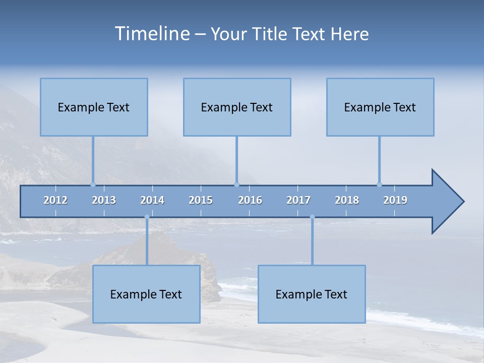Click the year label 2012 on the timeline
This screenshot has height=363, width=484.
55,200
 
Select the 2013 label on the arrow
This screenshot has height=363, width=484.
104,200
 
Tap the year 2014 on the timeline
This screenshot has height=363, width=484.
152,200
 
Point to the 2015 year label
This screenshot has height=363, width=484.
201,200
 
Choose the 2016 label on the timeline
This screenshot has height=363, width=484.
250,200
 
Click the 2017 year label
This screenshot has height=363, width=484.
298,200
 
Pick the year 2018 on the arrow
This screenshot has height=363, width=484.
347,200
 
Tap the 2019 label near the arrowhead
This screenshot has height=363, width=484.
395,200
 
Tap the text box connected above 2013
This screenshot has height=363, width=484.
94,107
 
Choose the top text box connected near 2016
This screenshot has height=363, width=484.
237,107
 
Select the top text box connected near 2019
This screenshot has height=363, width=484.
380,107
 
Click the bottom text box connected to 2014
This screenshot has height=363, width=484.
146,294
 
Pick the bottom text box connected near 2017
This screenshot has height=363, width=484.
312,294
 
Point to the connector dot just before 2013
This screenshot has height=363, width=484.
93,185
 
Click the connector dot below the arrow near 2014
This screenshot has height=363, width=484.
147,217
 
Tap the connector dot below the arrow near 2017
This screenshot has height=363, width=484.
312,217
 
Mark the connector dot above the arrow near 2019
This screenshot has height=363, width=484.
379,185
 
